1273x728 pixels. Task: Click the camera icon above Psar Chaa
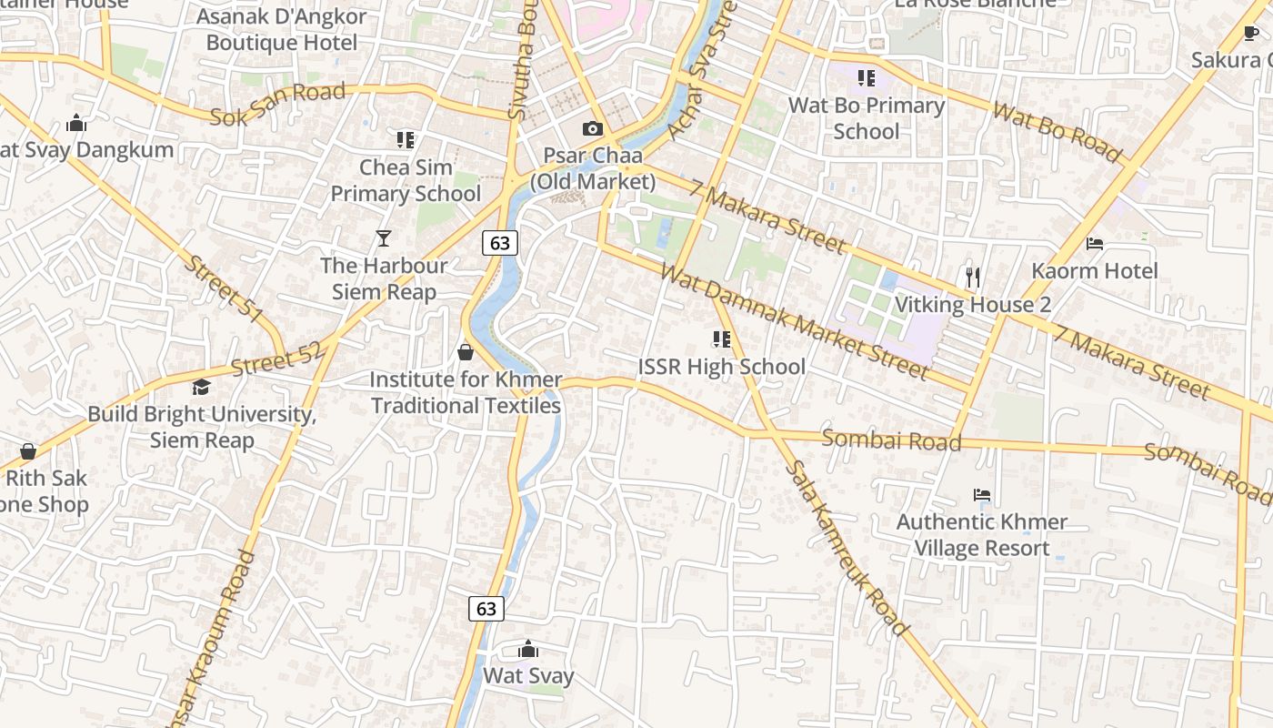tap(592, 129)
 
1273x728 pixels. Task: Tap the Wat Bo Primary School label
tap(866, 118)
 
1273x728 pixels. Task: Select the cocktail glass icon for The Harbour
tap(384, 238)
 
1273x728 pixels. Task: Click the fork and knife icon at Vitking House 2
tap(973, 277)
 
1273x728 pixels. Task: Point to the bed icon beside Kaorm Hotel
tap(1095, 244)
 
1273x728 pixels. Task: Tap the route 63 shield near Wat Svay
tap(486, 608)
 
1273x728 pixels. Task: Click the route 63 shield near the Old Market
tap(499, 242)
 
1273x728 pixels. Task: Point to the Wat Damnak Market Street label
tap(794, 322)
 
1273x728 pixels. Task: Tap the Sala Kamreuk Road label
tap(847, 548)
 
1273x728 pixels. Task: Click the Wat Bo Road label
tap(1057, 133)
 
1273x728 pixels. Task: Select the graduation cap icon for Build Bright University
tap(201, 388)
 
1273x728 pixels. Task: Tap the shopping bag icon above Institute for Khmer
tap(466, 352)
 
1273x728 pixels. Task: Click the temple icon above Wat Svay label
tap(527, 650)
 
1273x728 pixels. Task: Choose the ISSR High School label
tap(721, 367)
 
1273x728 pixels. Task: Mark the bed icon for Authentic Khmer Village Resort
tap(981, 496)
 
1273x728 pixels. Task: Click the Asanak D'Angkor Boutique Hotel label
tap(282, 29)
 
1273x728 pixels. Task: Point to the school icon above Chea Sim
tap(406, 140)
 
